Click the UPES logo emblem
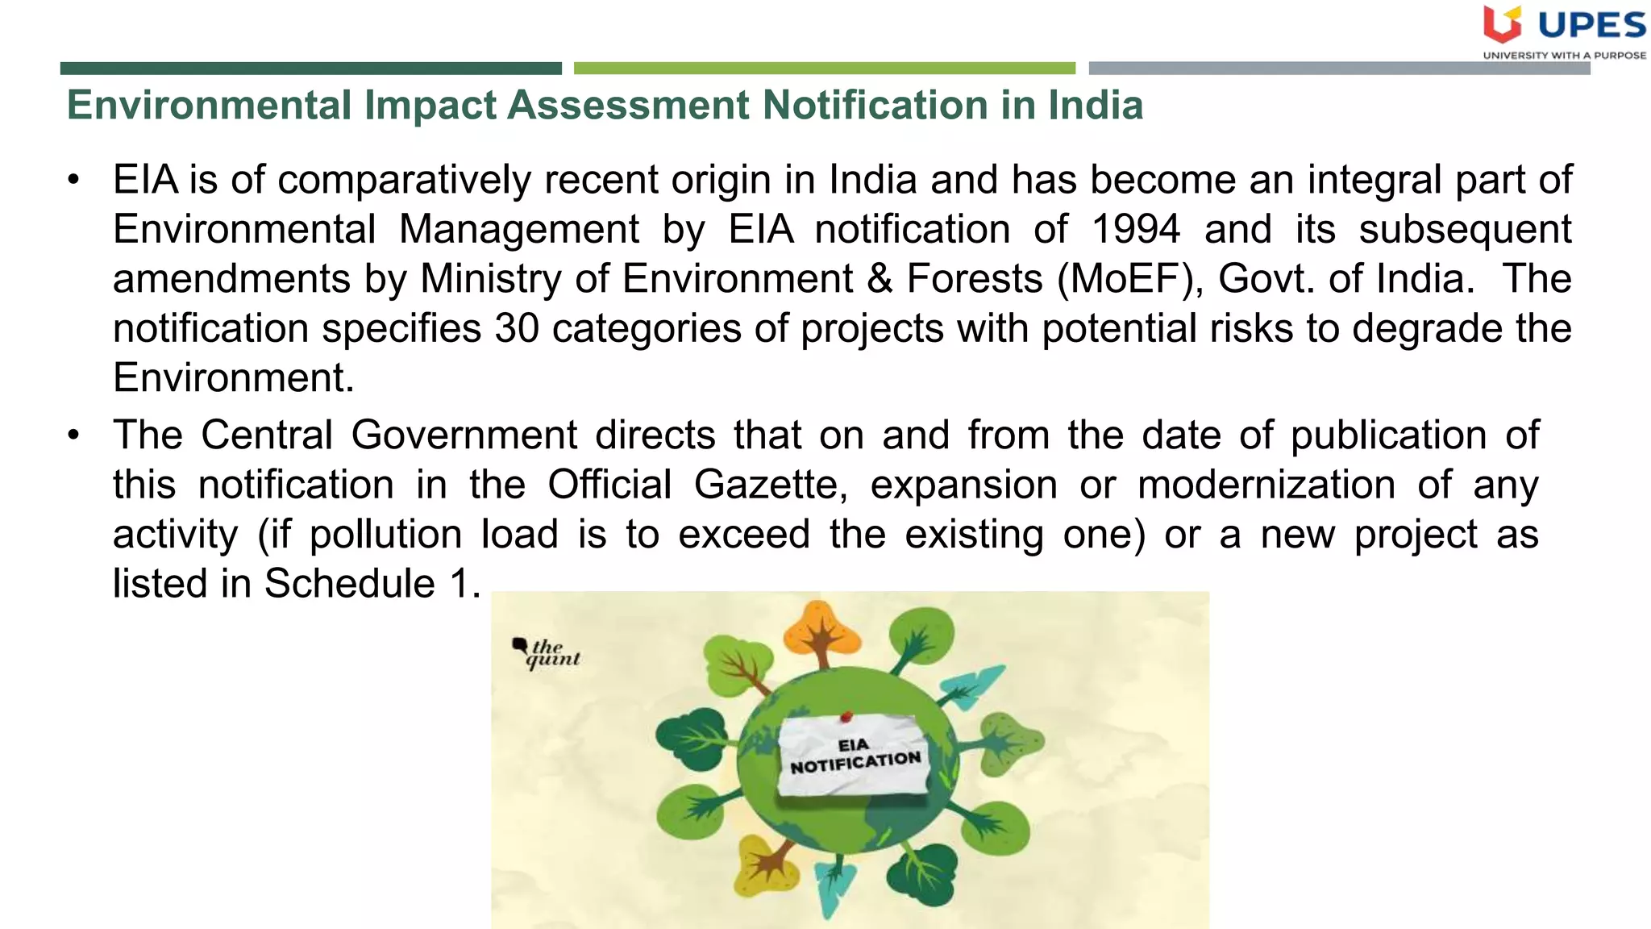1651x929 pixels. [x=1502, y=24]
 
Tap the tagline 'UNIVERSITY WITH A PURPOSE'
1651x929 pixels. [x=1564, y=56]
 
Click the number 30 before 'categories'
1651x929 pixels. [x=516, y=329]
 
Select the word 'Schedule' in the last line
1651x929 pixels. [x=350, y=583]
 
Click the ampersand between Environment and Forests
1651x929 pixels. [x=880, y=279]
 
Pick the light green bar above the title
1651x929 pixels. [x=824, y=69]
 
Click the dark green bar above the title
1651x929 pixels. [x=310, y=69]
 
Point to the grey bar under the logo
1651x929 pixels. [x=1338, y=69]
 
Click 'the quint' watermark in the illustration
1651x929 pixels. [x=547, y=653]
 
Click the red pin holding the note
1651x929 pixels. [x=846, y=715]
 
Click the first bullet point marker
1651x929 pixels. [x=74, y=180]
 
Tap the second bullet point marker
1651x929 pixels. [x=74, y=435]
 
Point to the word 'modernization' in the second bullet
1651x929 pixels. [x=1266, y=485]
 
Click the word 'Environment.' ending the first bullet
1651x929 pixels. [x=233, y=378]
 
